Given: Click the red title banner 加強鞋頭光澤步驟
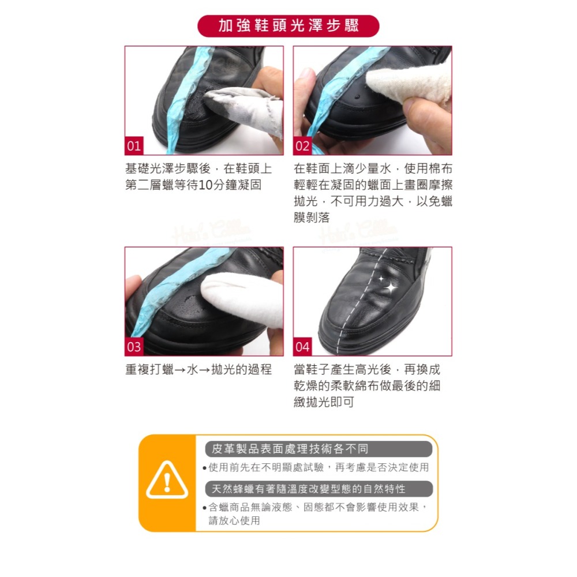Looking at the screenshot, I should tap(288, 26).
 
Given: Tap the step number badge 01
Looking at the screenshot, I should tap(134, 146).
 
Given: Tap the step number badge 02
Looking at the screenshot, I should tap(302, 146).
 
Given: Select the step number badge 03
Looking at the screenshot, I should tap(134, 347).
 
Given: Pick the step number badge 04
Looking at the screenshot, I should tap(302, 347).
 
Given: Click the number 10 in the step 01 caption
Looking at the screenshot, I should tap(204, 185).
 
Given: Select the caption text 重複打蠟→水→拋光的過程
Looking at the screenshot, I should tap(198, 369).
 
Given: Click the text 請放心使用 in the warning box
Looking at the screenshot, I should tap(234, 520).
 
